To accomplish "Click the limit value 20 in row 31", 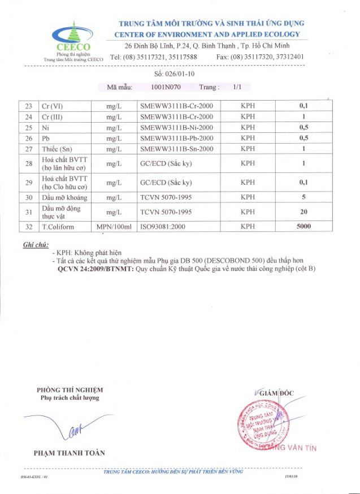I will point(303,212).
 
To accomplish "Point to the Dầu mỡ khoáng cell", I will point(65,197).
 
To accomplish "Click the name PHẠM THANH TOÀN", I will point(70,453).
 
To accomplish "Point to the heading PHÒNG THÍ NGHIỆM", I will point(70,389).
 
